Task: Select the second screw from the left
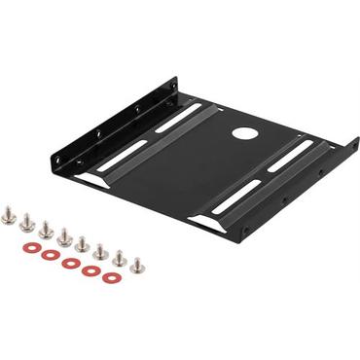pos(26,222)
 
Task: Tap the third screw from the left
pos(45,230)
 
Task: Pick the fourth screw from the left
pos(64,237)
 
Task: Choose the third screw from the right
pos(100,252)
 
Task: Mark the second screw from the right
pos(119,259)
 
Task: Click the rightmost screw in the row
pos(137,265)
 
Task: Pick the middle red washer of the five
pos(69,263)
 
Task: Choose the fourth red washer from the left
pos(90,270)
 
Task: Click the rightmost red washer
pos(111,277)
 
